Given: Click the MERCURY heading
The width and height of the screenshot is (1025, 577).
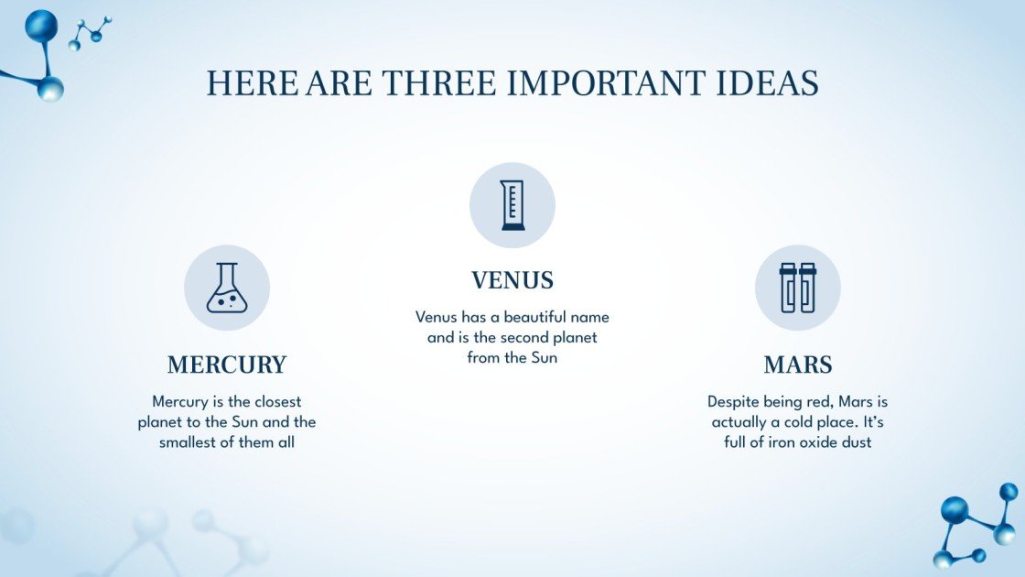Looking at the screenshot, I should coord(227,365).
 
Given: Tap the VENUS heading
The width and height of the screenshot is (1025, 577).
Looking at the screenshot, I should coord(512,280).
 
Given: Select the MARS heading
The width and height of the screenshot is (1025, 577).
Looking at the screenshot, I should coord(798,365).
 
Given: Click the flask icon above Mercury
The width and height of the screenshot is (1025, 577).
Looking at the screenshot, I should coord(227,288).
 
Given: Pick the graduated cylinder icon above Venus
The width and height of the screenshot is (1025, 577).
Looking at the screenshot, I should coord(512,205).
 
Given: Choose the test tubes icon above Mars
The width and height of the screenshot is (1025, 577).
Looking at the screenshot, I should coord(797,288).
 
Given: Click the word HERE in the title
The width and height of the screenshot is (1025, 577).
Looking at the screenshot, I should coord(253,83).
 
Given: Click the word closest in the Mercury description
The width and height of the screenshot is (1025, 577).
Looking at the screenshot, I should coord(273,401).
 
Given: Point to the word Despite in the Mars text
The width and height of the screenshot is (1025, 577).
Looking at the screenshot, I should coord(735,401).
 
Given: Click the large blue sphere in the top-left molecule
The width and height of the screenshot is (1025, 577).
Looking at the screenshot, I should coord(40,26).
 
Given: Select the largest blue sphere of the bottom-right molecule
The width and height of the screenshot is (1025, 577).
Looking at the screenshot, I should coord(955,510).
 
